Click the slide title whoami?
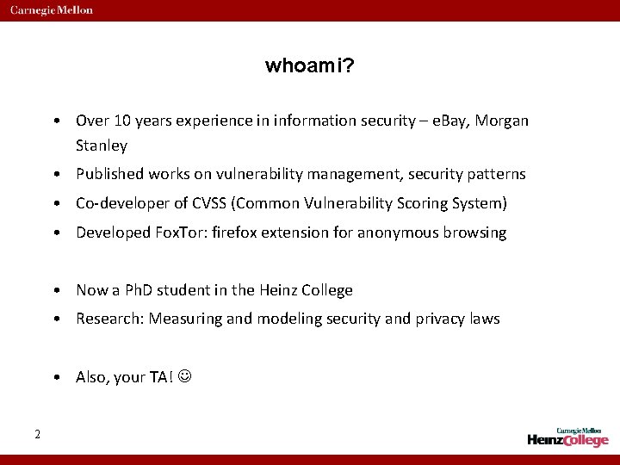(x=309, y=66)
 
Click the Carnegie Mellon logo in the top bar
(x=52, y=10)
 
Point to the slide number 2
(x=37, y=434)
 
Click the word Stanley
(x=102, y=146)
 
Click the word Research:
(x=109, y=319)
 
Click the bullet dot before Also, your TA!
(x=54, y=378)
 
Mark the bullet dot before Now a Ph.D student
(x=54, y=291)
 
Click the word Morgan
(x=503, y=121)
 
